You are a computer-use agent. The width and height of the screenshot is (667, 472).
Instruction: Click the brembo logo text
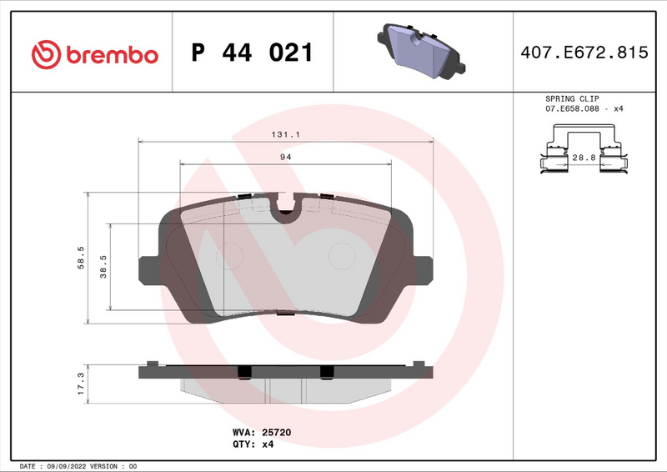[112, 54]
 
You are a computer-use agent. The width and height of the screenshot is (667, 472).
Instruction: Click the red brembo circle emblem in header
[46, 54]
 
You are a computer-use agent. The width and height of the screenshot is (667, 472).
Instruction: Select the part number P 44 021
[252, 53]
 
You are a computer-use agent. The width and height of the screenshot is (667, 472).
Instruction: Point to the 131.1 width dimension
[284, 133]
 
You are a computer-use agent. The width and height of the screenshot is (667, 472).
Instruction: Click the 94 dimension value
[284, 157]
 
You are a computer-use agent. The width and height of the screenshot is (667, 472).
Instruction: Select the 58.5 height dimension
[80, 257]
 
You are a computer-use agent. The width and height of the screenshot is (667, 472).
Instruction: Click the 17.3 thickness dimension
[80, 383]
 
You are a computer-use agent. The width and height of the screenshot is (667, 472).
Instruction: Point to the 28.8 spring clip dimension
[583, 157]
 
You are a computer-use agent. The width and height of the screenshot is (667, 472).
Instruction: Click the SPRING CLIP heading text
[572, 98]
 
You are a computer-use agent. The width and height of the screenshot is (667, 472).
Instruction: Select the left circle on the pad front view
[229, 256]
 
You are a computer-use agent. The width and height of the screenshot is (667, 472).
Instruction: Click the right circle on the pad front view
[340, 256]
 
